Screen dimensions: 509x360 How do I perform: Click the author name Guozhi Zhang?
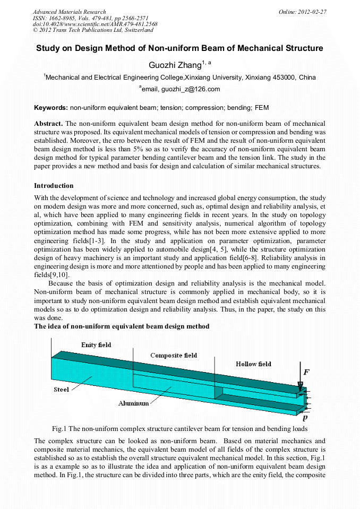point(175,65)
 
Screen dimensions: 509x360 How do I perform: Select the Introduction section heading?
point(54,186)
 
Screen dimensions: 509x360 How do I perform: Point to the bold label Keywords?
point(51,108)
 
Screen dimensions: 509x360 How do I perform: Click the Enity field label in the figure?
point(96,345)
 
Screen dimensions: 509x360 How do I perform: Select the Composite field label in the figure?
point(174,355)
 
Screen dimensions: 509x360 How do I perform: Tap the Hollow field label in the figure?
point(253,364)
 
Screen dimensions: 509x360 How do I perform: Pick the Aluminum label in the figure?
point(133,403)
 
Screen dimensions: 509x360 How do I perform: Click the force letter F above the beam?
point(306,372)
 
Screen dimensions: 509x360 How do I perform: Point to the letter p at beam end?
point(305,417)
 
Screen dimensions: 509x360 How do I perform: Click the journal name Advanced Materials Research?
point(69,12)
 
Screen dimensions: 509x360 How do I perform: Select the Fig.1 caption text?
point(179,428)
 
